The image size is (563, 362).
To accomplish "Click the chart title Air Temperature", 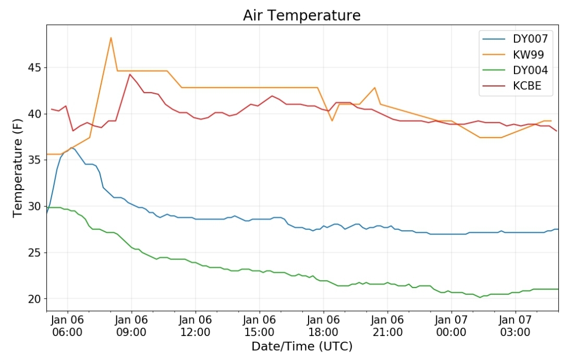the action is point(302,16).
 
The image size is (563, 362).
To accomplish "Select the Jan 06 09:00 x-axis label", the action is point(131,326).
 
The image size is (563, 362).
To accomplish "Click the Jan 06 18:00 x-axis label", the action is point(323,326).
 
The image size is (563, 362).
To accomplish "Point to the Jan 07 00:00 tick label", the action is point(451,326).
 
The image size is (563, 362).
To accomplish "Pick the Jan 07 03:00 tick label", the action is point(515,326).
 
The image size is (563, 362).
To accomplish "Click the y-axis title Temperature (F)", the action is point(18,168).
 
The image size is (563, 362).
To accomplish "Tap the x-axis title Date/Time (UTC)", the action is point(302,346).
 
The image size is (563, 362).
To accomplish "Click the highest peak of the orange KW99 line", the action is point(111,38).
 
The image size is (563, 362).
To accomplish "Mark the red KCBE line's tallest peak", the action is point(130,74).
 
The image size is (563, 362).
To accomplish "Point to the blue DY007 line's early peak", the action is point(71,147).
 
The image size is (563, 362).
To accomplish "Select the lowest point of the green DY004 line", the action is point(480,297).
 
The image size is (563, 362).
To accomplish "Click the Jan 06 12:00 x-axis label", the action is point(195,326).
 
